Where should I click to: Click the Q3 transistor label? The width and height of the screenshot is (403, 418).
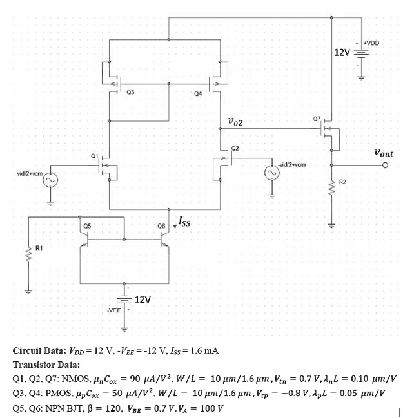(131, 92)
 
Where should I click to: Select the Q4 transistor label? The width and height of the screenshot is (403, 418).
(197, 93)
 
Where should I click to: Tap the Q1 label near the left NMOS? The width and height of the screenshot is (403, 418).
(95, 157)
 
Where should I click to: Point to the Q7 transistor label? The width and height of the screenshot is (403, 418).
(316, 120)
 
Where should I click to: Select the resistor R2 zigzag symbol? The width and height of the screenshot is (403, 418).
(333, 187)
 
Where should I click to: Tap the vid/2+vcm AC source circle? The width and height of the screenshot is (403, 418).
(50, 180)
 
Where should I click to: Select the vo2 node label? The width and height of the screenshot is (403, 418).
(235, 120)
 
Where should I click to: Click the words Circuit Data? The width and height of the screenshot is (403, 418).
(39, 351)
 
